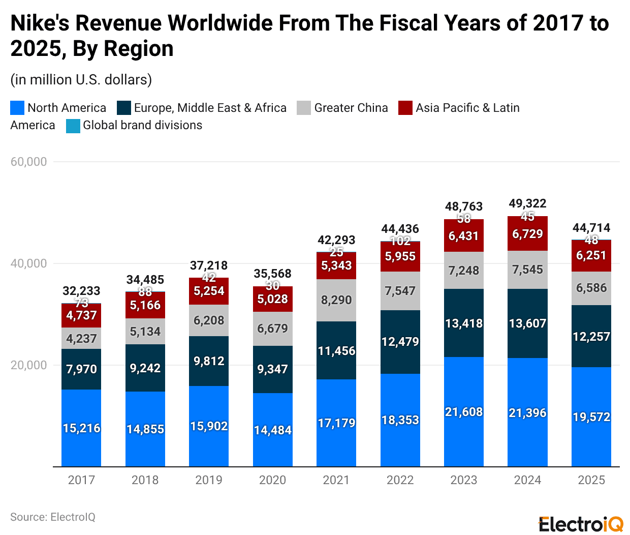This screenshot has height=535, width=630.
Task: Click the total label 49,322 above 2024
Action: pyautogui.click(x=527, y=203)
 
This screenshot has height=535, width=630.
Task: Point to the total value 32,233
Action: pyautogui.click(x=81, y=291)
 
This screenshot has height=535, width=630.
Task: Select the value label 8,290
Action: pyautogui.click(x=336, y=300)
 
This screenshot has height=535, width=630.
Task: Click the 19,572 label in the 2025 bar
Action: pyautogui.click(x=591, y=417)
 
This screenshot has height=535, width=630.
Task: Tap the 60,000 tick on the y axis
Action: pyautogui.click(x=28, y=162)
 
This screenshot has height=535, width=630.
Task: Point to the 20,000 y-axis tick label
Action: pyautogui.click(x=28, y=365)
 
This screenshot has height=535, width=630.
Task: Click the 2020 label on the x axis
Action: pyautogui.click(x=272, y=480)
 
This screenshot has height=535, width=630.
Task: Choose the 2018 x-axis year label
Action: pyautogui.click(x=145, y=480)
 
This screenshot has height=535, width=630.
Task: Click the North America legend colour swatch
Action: pyautogui.click(x=17, y=108)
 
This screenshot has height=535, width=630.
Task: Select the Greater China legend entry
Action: pyautogui.click(x=351, y=108)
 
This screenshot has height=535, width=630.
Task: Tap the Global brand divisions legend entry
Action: pyautogui.click(x=142, y=125)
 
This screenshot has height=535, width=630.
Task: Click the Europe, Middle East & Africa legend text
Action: pyautogui.click(x=210, y=108)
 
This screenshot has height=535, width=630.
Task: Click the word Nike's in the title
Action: pyautogui.click(x=40, y=23)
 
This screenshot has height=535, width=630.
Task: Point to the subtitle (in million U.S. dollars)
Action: pyautogui.click(x=81, y=80)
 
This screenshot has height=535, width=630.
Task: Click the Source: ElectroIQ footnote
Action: pyautogui.click(x=53, y=517)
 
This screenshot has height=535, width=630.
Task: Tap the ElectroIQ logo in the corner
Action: pyautogui.click(x=581, y=524)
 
